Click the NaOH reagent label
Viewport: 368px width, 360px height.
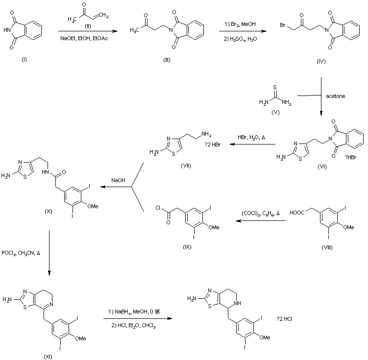click(118, 181)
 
